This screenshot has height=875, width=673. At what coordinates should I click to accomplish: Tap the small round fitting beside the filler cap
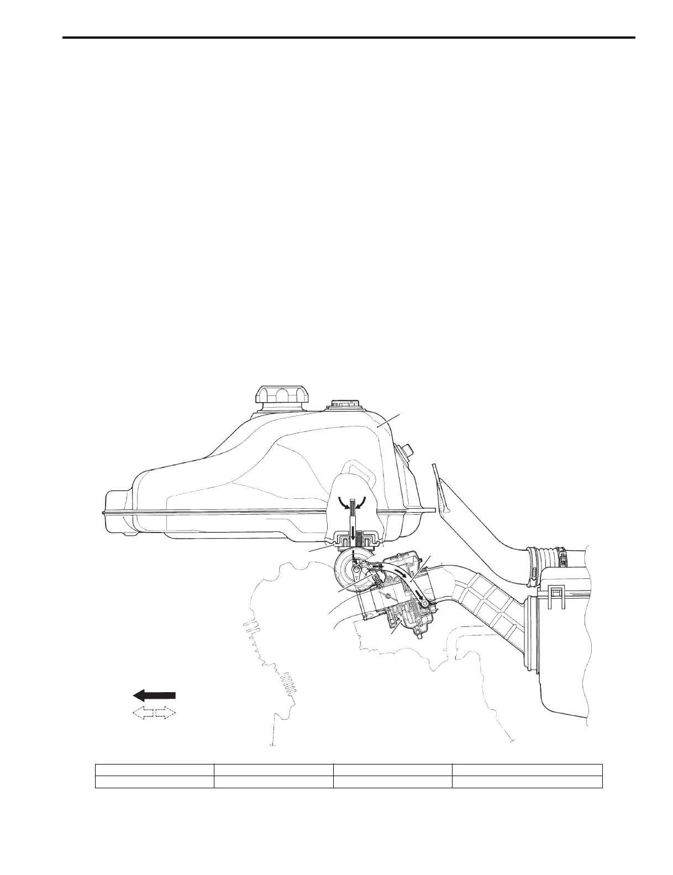[343, 404]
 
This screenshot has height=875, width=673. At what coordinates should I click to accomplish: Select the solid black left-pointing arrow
[155, 695]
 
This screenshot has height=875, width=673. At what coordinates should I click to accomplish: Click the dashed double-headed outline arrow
[155, 713]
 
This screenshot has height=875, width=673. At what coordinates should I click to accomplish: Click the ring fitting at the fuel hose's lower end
[424, 605]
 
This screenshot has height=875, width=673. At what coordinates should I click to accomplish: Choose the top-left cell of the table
[155, 770]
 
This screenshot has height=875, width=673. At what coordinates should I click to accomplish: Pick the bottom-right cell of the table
[527, 782]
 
